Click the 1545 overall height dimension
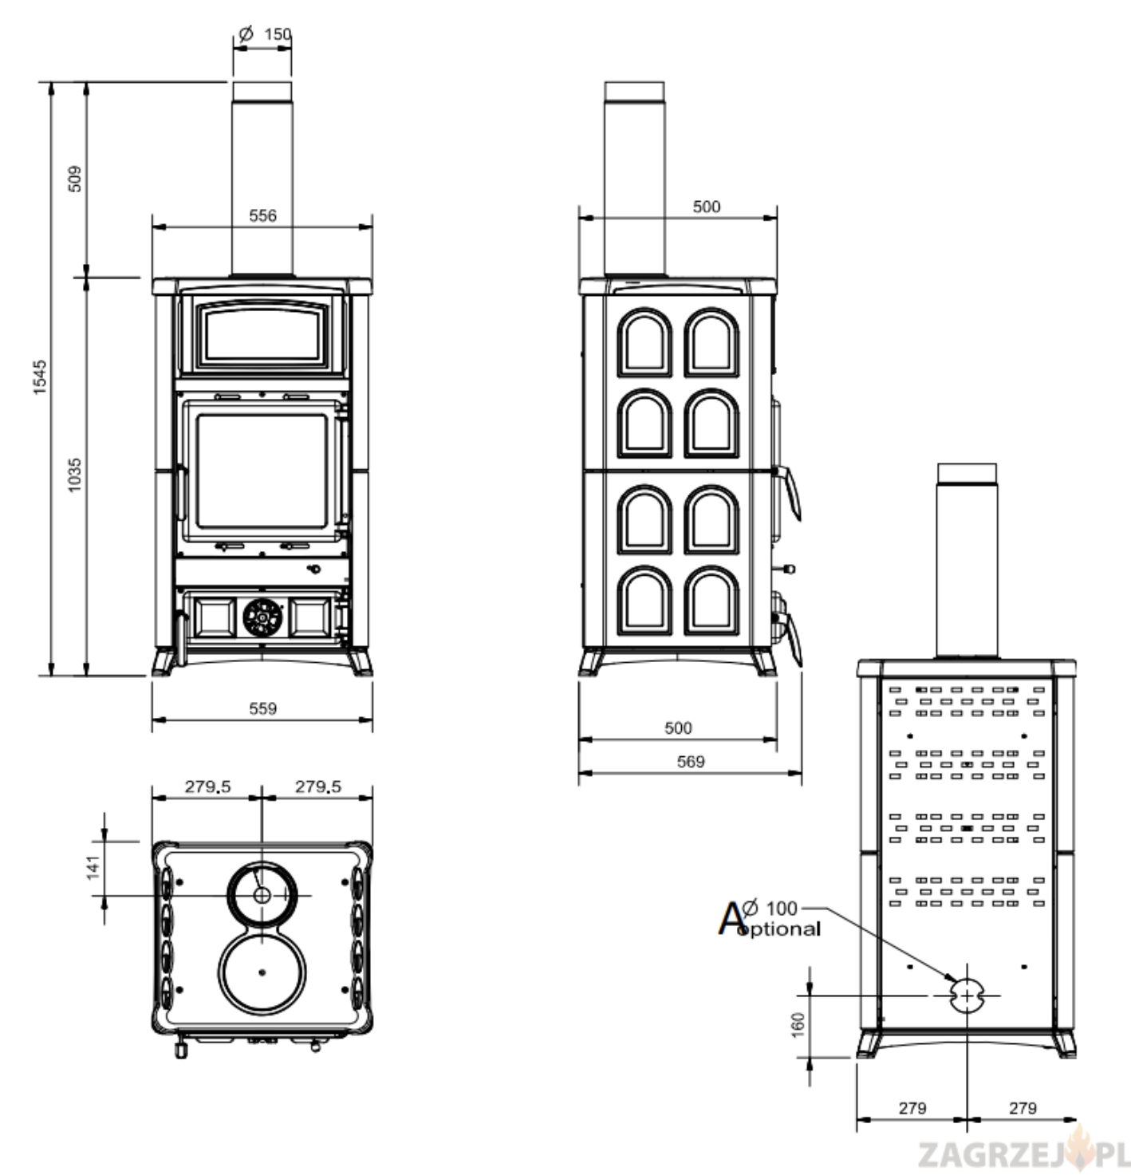pyautogui.click(x=40, y=377)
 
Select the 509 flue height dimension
pyautogui.click(x=75, y=179)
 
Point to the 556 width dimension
pyautogui.click(x=262, y=215)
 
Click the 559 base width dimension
pyautogui.click(x=262, y=708)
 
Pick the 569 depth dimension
pyautogui.click(x=690, y=761)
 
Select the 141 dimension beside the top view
pyautogui.click(x=93, y=868)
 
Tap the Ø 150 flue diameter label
pyautogui.click(x=265, y=34)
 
